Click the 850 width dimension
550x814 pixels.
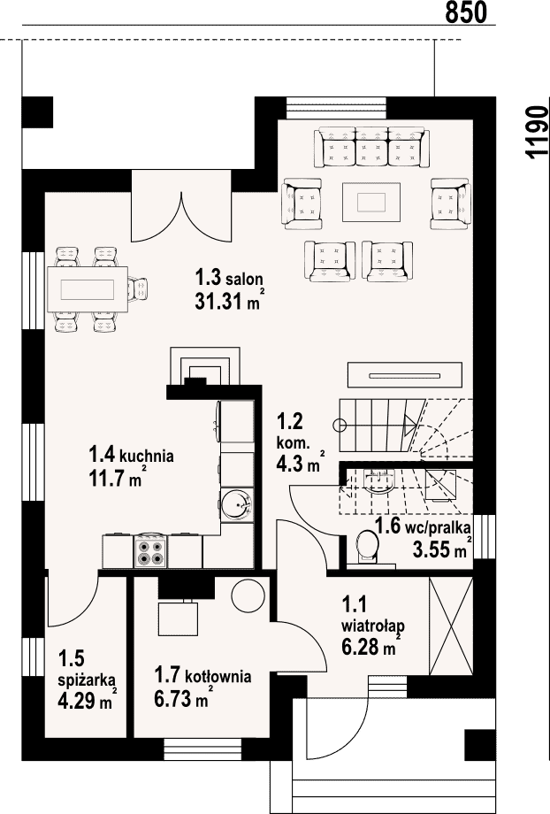[466, 12]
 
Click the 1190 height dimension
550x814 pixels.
[537, 131]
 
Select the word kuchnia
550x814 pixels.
[147, 457]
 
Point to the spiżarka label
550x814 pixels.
[87, 680]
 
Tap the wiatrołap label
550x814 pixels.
[373, 626]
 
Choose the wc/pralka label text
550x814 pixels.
[445, 528]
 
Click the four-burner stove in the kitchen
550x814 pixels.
[150, 551]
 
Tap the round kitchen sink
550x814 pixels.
[237, 503]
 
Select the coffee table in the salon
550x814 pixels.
[371, 202]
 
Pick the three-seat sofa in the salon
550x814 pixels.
[371, 147]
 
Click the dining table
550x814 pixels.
[88, 288]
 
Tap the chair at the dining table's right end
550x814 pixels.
[138, 289]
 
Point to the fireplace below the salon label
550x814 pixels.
[205, 366]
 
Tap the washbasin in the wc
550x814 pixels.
[379, 481]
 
